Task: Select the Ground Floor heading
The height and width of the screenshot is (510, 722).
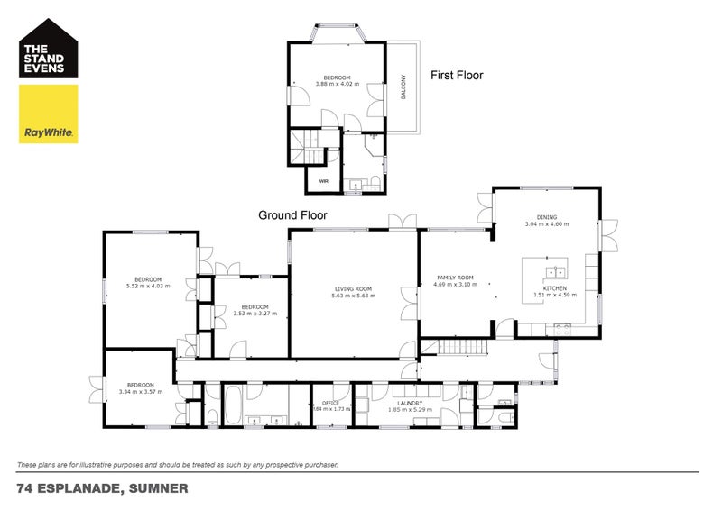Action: [x=292, y=215]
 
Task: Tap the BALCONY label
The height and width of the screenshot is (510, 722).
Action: [x=403, y=91]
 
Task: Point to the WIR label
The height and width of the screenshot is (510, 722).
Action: [x=322, y=180]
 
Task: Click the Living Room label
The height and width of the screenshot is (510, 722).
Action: [x=352, y=289]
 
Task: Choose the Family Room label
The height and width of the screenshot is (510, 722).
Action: [x=455, y=278]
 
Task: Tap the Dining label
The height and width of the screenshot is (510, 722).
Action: [x=547, y=217]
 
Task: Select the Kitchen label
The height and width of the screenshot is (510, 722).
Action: [x=554, y=287]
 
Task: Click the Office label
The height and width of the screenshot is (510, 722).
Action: [x=324, y=403]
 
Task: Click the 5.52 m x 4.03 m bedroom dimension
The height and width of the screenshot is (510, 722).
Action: [x=148, y=286]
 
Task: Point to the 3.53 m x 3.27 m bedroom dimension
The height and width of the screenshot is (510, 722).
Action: [x=255, y=314]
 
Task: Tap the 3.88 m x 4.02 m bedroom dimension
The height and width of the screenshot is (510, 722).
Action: [x=338, y=84]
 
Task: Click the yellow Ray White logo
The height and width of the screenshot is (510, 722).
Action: [x=49, y=114]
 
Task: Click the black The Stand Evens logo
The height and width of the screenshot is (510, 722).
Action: [x=49, y=50]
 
